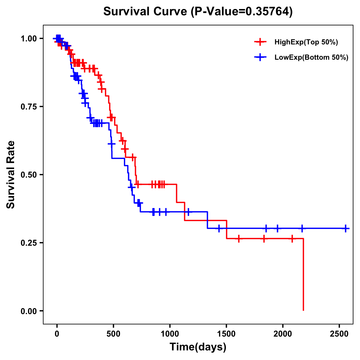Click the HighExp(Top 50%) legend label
[306, 42]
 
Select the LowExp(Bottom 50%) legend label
[311, 58]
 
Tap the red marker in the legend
[260, 42]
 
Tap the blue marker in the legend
[260, 57]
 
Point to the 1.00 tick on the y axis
[29, 39]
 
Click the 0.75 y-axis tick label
[29, 107]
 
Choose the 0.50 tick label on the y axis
[29, 175]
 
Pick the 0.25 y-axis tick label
[29, 243]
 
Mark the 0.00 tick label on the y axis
[29, 311]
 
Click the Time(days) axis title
[198, 347]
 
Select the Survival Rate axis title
[11, 175]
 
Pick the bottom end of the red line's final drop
[303, 310]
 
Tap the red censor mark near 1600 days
[239, 239]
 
